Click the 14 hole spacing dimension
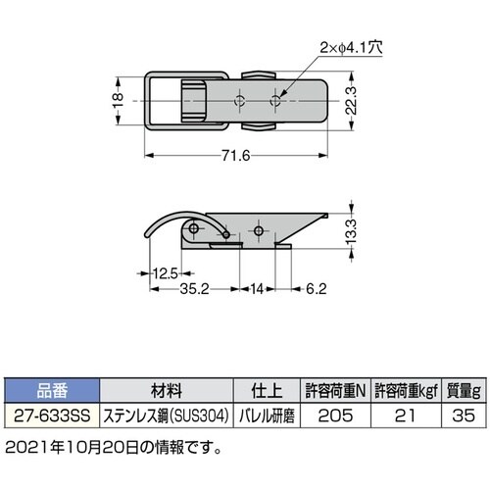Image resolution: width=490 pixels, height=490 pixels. coord(257,290)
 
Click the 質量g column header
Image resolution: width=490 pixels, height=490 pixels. coord(462,388)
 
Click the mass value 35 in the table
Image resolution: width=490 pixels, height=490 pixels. coord(462,415)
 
